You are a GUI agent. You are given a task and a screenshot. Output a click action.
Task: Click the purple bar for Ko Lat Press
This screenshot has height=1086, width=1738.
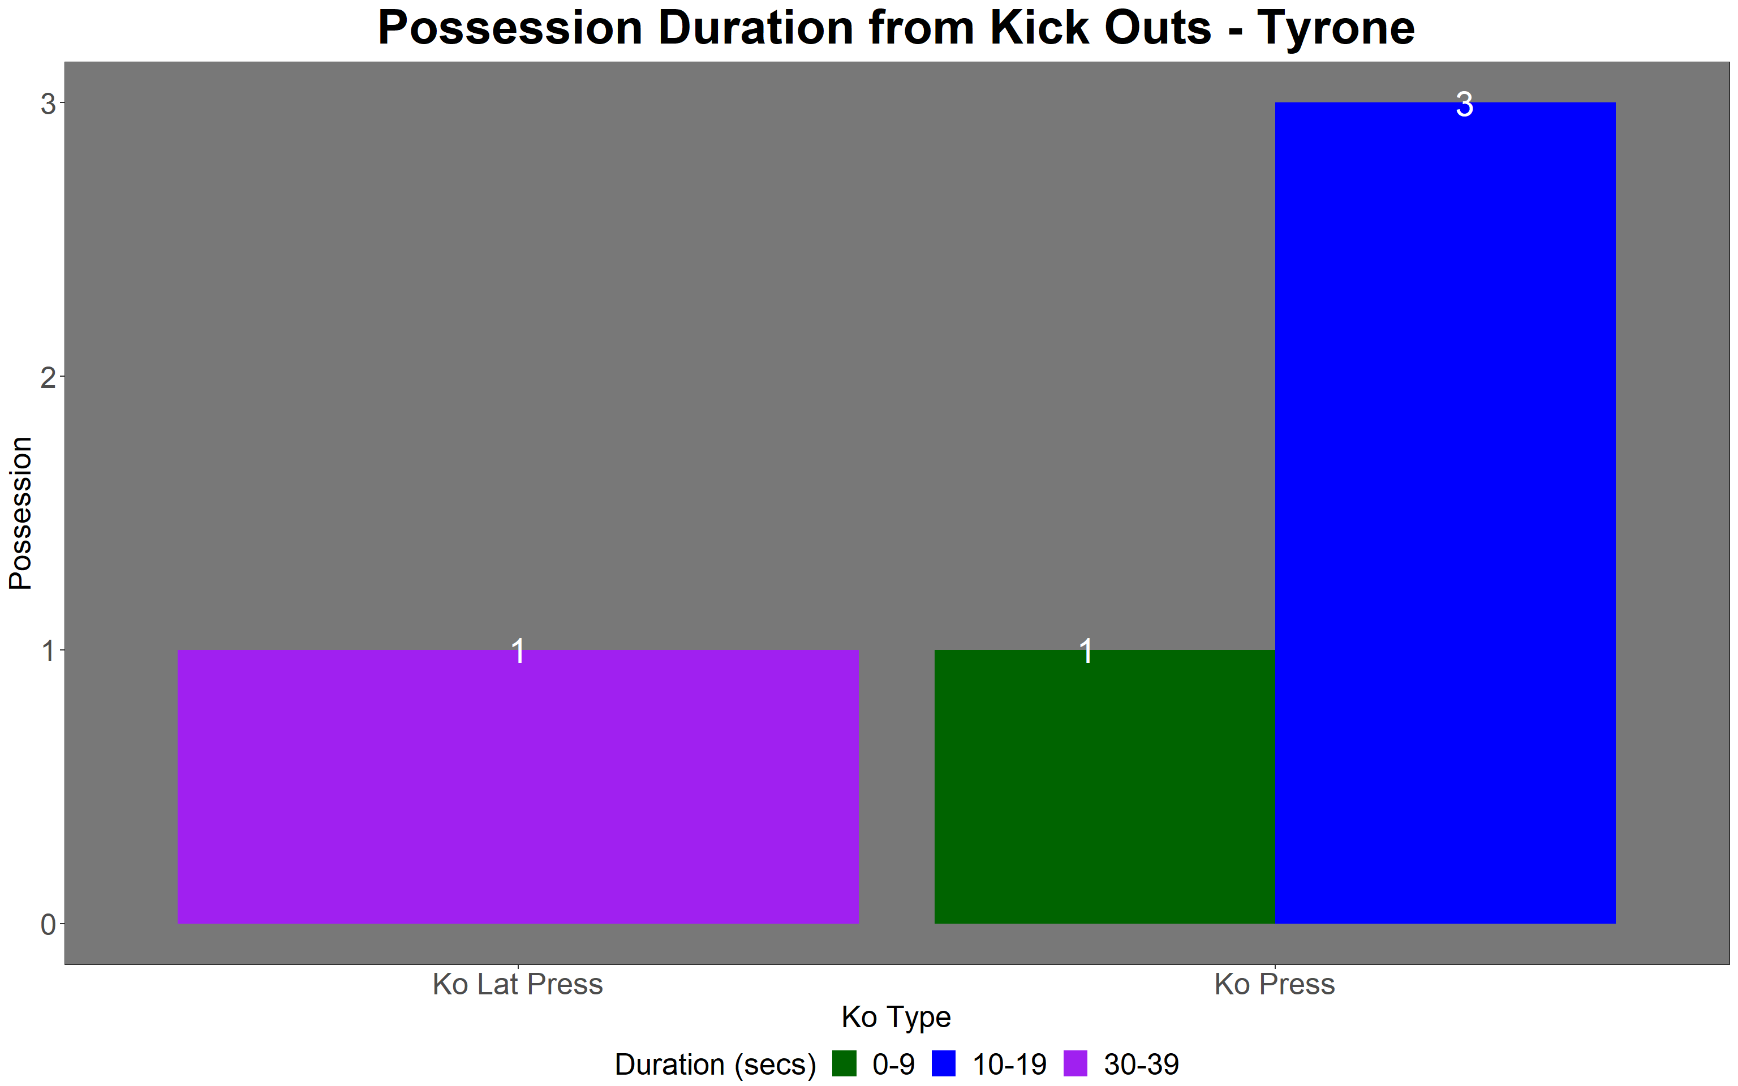click(x=518, y=786)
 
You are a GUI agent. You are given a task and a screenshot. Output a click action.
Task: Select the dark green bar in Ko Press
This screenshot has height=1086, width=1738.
click(x=1104, y=786)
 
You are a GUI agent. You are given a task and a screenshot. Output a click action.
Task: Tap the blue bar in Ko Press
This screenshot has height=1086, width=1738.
click(x=1445, y=513)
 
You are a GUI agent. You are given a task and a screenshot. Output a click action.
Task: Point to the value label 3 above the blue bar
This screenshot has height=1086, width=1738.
click(x=1464, y=105)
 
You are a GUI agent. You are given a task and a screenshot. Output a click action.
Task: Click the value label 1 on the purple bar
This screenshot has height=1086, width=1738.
click(x=518, y=652)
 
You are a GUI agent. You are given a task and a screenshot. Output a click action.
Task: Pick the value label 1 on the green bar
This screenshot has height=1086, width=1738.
click(x=1086, y=652)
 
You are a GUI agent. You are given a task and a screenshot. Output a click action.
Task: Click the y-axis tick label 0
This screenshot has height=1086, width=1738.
click(x=48, y=924)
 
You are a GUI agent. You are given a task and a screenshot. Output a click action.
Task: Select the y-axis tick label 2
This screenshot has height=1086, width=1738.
click(x=48, y=377)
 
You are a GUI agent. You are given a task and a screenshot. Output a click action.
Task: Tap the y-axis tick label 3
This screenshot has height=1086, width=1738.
click(x=48, y=104)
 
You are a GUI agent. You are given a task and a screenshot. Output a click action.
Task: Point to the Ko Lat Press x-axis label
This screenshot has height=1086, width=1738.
click(x=518, y=984)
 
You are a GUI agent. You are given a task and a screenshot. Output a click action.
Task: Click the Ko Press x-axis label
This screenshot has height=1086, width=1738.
click(x=1275, y=984)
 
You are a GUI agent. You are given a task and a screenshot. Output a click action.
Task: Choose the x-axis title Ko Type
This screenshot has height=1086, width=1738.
click(x=896, y=1018)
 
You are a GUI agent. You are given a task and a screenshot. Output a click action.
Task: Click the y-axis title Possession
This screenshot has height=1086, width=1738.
click(x=20, y=513)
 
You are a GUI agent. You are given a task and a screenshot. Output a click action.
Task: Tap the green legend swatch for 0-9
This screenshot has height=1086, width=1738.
click(x=845, y=1064)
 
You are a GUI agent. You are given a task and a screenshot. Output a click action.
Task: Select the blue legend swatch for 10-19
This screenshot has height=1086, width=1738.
click(x=944, y=1064)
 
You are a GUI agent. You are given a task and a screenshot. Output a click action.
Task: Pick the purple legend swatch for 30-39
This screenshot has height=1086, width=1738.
click(x=1075, y=1064)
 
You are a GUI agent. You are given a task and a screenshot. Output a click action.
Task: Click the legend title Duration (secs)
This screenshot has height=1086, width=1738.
click(x=715, y=1065)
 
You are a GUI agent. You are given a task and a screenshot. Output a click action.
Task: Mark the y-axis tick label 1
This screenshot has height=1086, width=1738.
click(x=48, y=650)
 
